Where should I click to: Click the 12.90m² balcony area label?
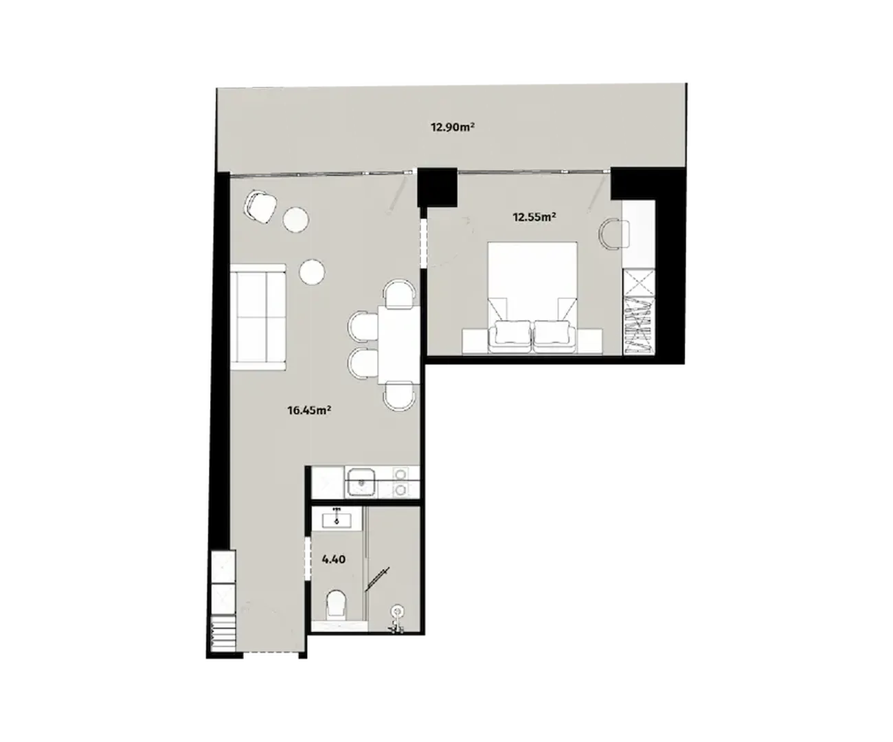click(x=453, y=127)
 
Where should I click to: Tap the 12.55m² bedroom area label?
click(x=534, y=217)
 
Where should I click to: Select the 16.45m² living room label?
click(x=310, y=411)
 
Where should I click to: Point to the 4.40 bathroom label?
click(x=334, y=559)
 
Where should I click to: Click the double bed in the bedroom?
click(x=532, y=297)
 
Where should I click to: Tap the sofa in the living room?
click(x=258, y=317)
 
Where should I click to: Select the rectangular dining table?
click(x=398, y=345)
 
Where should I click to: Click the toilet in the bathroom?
click(x=336, y=605)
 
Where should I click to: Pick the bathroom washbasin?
click(x=337, y=521)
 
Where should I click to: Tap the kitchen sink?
click(x=362, y=482)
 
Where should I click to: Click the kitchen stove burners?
click(x=400, y=482)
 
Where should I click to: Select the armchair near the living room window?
click(x=260, y=207)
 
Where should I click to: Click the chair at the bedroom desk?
click(x=613, y=234)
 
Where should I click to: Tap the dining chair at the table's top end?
click(x=399, y=293)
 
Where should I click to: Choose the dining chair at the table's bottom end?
click(x=400, y=396)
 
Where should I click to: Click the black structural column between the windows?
click(x=437, y=188)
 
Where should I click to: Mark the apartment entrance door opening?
click(x=271, y=666)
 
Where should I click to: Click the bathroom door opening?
click(x=308, y=558)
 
